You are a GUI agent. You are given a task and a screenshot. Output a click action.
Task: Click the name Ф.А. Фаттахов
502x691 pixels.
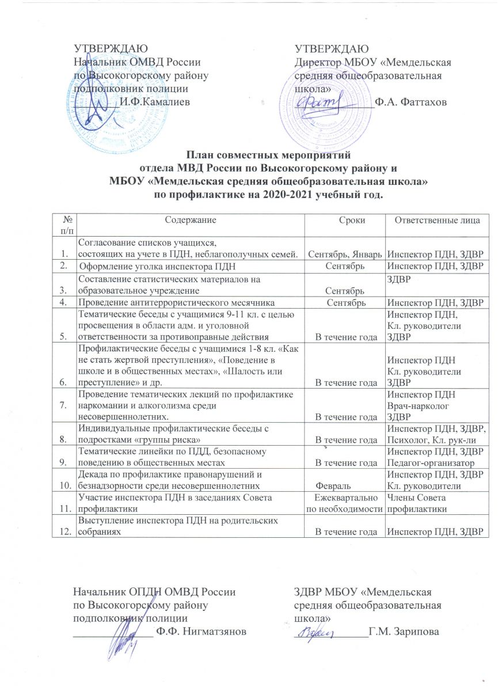410,102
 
